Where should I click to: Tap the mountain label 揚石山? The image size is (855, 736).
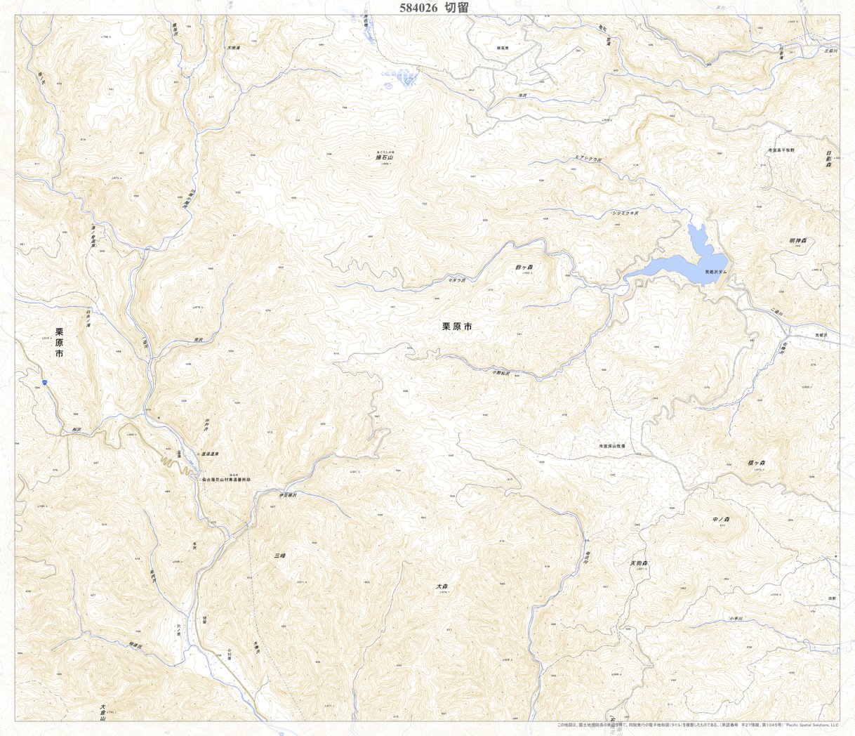point(385,158)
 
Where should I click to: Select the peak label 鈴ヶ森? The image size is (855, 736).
point(524,267)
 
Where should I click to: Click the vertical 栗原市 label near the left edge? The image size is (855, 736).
point(59,343)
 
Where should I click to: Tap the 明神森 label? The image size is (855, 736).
point(798,241)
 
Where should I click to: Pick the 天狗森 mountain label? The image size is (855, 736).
point(639,563)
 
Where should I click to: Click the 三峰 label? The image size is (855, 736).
point(279,556)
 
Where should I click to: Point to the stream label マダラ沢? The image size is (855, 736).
point(457,280)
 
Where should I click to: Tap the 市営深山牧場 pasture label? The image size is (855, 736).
point(611,446)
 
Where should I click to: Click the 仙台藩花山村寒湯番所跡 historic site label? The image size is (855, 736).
point(226,480)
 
